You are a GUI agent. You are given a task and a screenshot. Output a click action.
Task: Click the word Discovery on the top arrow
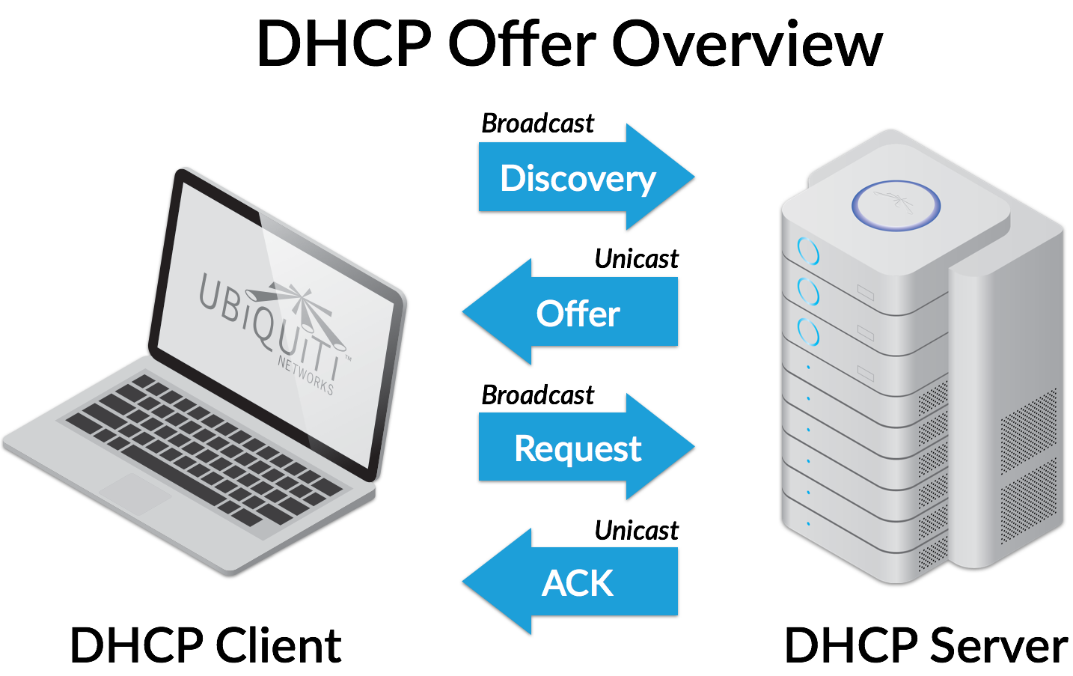click(x=578, y=178)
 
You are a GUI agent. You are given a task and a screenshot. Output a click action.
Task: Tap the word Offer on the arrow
click(x=578, y=313)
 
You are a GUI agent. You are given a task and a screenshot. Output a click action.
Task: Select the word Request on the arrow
click(x=578, y=448)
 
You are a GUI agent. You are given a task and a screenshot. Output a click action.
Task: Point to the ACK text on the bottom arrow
click(x=578, y=583)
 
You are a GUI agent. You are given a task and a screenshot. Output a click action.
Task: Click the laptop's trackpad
click(x=135, y=493)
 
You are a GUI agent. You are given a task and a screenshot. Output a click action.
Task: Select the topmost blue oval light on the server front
click(x=808, y=251)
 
